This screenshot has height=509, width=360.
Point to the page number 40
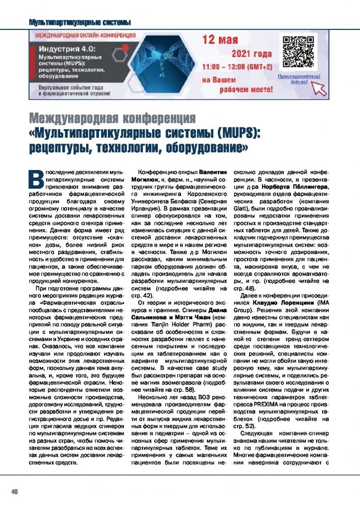pos(14,491)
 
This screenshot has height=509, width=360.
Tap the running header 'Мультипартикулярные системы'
pos(80,22)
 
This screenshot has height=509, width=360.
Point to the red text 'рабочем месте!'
pos(244,90)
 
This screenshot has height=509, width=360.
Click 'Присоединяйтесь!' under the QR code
pos(298,77)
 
